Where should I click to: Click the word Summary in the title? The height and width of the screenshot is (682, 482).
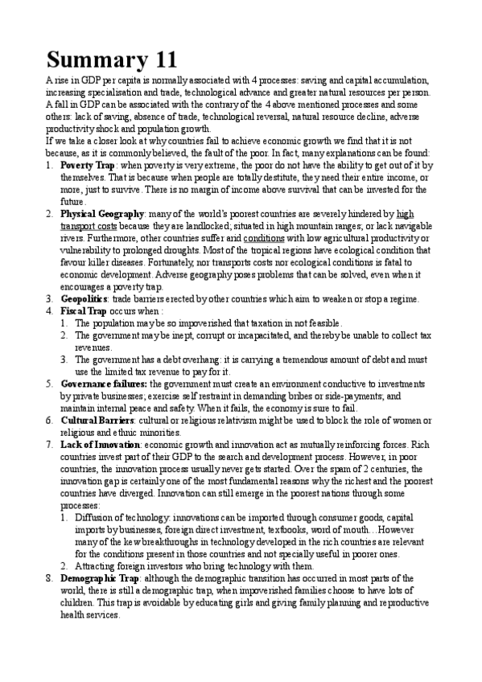pyautogui.click(x=89, y=60)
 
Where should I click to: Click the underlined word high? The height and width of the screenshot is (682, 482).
pyautogui.click(x=406, y=214)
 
